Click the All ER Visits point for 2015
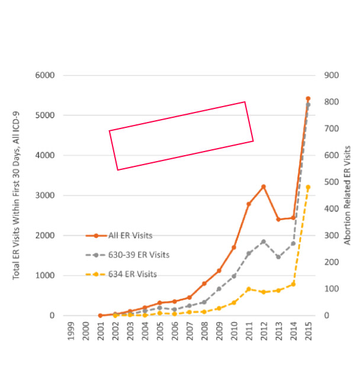click(x=308, y=98)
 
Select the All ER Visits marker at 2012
click(x=263, y=187)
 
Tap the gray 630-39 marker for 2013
click(x=278, y=257)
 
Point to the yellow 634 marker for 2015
click(x=308, y=187)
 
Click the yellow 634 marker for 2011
click(x=249, y=289)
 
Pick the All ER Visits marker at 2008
click(x=204, y=284)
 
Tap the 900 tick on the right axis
click(x=330, y=76)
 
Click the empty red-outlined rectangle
click(x=181, y=136)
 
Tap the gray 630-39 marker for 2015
click(x=308, y=105)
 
